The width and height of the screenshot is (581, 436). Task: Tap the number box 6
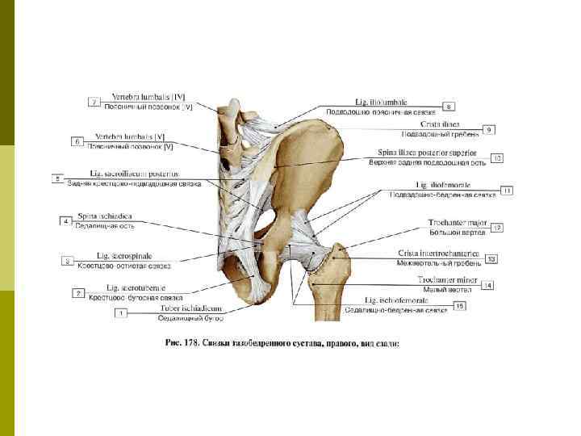point(78,141)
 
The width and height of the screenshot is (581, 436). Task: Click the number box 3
point(70,261)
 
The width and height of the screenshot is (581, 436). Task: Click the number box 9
point(488,129)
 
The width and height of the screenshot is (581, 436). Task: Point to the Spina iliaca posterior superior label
point(427,153)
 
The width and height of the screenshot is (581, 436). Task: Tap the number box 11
point(507,191)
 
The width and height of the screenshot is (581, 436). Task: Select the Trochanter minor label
point(448,279)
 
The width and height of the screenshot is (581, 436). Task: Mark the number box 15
point(459,305)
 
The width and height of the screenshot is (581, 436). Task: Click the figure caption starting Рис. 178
point(282,343)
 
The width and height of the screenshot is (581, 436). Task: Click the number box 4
point(66,220)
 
